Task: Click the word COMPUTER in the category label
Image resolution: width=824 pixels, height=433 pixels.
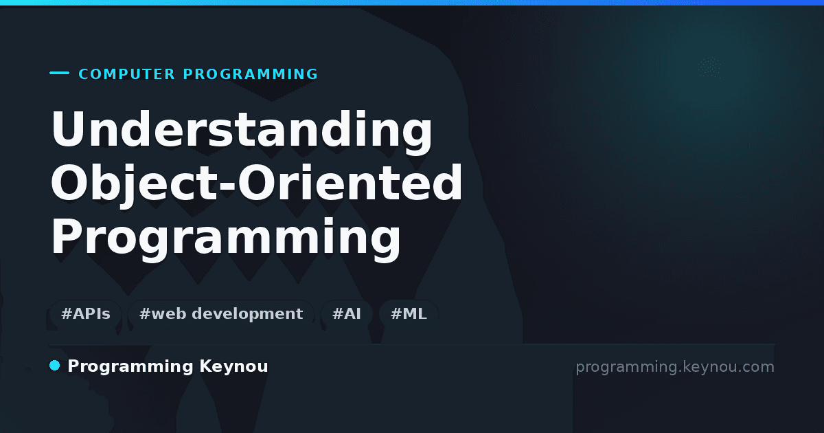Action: [126, 74]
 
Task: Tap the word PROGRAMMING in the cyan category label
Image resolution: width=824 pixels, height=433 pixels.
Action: [250, 74]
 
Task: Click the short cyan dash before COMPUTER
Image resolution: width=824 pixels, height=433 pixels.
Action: [59, 73]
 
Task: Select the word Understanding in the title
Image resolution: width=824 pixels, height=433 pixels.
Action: [242, 130]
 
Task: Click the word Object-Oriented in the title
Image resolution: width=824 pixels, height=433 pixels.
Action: [256, 183]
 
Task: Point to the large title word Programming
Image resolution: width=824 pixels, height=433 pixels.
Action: [225, 236]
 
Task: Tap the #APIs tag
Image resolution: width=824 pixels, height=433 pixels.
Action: [85, 313]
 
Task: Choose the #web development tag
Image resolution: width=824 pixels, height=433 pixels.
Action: [220, 313]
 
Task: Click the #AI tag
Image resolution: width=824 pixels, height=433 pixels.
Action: [347, 313]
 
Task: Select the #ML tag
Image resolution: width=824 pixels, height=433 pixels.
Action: [409, 313]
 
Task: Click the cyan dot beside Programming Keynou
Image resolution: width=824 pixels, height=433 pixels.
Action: [54, 366]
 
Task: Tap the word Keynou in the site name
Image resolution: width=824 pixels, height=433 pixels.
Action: [233, 366]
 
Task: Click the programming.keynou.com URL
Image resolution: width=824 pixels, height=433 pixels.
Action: [675, 367]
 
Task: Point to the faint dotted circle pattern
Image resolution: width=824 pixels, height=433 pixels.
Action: [709, 67]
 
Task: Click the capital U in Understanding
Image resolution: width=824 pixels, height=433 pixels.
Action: [69, 129]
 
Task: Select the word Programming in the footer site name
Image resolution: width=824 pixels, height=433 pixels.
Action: [130, 367]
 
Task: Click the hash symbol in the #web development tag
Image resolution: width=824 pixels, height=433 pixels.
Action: [145, 313]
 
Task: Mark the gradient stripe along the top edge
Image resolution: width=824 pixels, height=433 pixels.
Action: [412, 3]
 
